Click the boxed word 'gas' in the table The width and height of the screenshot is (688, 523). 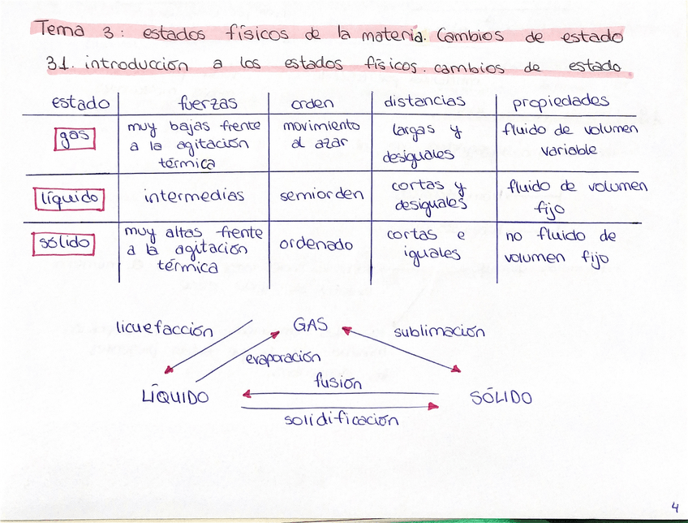(x=75, y=139)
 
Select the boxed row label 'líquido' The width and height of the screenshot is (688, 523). (x=70, y=197)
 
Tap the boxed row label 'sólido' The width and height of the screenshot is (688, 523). (x=64, y=243)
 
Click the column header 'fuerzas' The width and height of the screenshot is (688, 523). (x=208, y=104)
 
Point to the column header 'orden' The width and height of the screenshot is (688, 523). (x=312, y=103)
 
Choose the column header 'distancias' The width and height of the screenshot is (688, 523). (x=424, y=102)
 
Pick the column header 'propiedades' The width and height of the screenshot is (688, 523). (x=561, y=102)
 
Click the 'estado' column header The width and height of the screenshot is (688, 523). (x=80, y=103)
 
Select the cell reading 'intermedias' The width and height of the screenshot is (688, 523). (x=194, y=197)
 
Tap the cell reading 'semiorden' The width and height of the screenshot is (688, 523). (x=321, y=195)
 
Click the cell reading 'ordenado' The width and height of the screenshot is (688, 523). (x=316, y=244)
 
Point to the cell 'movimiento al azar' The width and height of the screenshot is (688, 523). (x=320, y=135)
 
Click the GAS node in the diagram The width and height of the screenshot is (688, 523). (x=311, y=325)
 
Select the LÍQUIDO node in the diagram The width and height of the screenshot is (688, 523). (x=174, y=396)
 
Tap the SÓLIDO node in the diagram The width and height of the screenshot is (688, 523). (x=501, y=397)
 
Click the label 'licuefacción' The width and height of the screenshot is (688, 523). (x=164, y=330)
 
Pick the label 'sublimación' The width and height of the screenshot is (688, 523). (x=439, y=331)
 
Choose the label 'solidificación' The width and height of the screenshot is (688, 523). (x=342, y=419)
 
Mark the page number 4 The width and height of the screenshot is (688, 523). (x=674, y=506)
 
